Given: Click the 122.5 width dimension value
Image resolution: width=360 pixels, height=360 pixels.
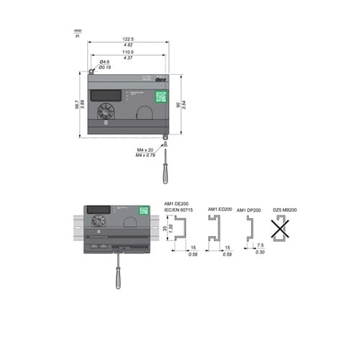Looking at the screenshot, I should (128, 39).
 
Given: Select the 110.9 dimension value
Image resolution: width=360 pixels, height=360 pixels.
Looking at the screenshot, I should (128, 53).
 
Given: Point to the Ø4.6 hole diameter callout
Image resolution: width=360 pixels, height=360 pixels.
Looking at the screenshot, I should (105, 62).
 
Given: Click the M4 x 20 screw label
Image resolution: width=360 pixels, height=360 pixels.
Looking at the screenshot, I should (145, 150).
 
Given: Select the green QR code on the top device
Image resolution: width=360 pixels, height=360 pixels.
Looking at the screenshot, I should (161, 96).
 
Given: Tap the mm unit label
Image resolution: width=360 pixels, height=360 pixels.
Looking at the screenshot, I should (77, 30).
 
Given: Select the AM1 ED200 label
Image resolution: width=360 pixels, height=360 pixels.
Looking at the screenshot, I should (220, 209).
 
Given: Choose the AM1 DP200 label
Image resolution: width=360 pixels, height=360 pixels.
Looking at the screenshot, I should (249, 209).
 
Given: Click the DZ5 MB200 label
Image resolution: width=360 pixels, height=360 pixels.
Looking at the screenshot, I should (286, 209).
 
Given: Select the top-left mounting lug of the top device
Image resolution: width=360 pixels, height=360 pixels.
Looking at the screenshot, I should (91, 71).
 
